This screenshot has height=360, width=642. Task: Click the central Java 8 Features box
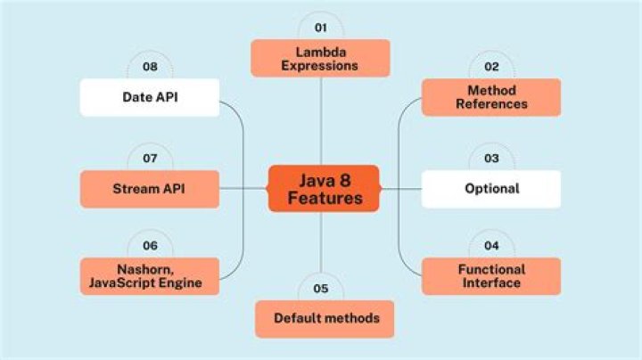point(324,188)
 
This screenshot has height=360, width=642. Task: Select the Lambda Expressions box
point(320,58)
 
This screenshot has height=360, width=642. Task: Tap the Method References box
point(491,97)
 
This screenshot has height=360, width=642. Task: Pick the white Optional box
point(491,189)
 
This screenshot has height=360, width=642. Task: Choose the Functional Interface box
point(491,276)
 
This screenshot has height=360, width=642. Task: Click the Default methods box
point(326,318)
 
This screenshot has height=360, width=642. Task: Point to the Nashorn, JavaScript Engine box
point(150,276)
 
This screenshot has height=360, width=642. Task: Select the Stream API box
point(150,189)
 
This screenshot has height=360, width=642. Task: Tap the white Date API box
point(150,97)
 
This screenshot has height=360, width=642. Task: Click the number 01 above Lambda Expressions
point(320,27)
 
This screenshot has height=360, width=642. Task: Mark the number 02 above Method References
point(491,66)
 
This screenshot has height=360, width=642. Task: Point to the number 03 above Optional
point(491,158)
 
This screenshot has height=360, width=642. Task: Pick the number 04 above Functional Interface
point(491,245)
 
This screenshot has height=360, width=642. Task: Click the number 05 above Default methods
point(320,288)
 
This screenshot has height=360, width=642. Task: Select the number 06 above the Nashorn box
point(150,245)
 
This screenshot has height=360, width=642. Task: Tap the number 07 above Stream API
point(150,158)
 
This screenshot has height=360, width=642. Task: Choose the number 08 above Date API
point(150,66)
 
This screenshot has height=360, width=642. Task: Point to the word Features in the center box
point(325,198)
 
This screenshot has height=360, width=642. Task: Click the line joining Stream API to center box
point(243,189)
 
